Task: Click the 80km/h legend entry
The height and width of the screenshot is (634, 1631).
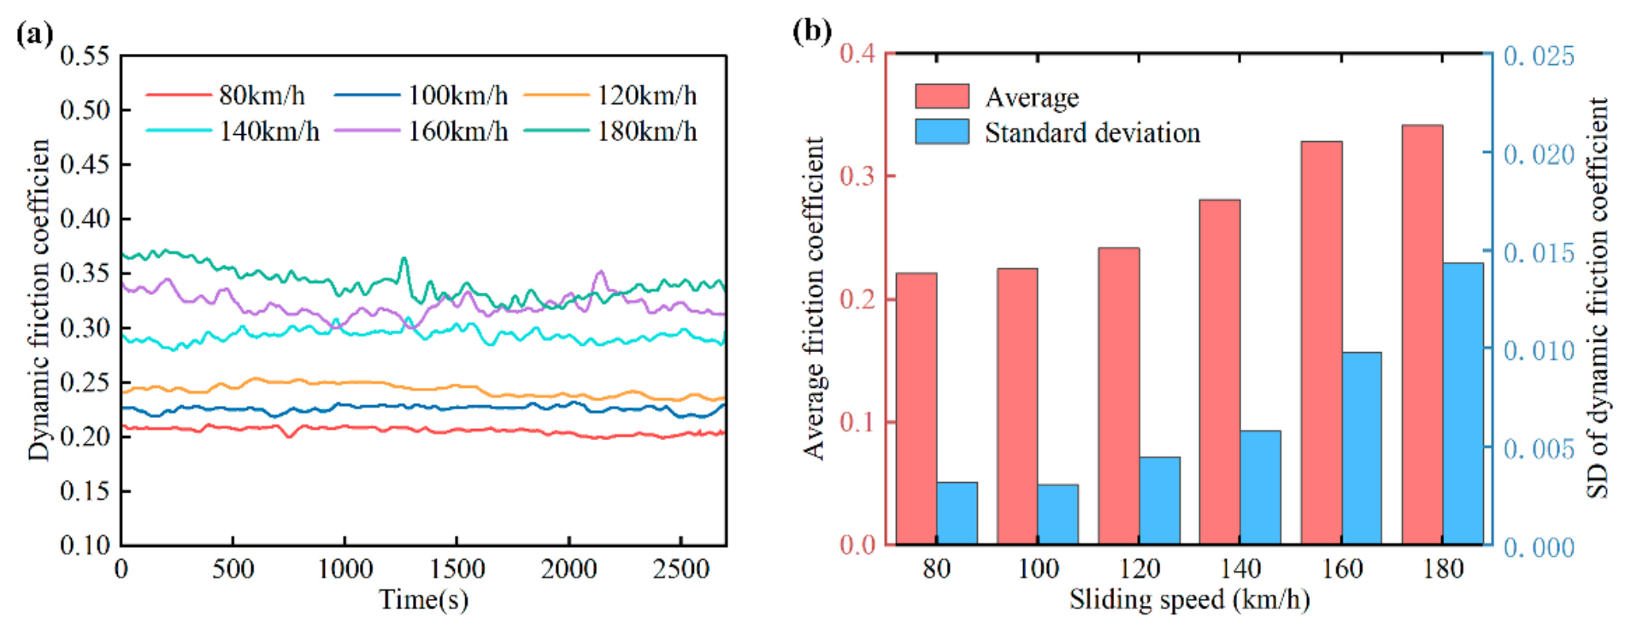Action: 226,95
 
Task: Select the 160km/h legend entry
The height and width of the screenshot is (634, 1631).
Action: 421,132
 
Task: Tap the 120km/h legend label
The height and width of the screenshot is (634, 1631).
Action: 647,95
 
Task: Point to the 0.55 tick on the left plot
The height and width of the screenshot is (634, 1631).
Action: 85,56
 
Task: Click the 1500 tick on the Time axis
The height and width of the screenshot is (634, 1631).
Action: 456,568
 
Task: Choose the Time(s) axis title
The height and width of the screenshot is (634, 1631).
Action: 424,600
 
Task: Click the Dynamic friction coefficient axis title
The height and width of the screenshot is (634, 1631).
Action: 39,300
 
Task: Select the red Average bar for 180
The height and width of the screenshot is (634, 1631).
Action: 1422,335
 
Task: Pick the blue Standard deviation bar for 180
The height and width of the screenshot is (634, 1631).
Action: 1463,403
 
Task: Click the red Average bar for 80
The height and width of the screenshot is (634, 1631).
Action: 916,408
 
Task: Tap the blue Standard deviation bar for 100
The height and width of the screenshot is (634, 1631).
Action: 1057,514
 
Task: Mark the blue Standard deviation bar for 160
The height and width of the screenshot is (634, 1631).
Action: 1362,449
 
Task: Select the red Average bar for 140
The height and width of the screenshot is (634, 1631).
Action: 1220,372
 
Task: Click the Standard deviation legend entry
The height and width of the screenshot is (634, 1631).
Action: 1057,132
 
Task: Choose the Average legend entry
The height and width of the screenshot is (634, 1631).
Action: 997,97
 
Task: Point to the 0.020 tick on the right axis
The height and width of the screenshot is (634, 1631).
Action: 1539,155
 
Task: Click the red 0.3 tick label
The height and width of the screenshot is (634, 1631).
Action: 857,176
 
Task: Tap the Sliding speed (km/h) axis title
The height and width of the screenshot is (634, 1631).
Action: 1189,600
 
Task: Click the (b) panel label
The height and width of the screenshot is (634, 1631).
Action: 811,32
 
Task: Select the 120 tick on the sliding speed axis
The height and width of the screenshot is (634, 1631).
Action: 1139,568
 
